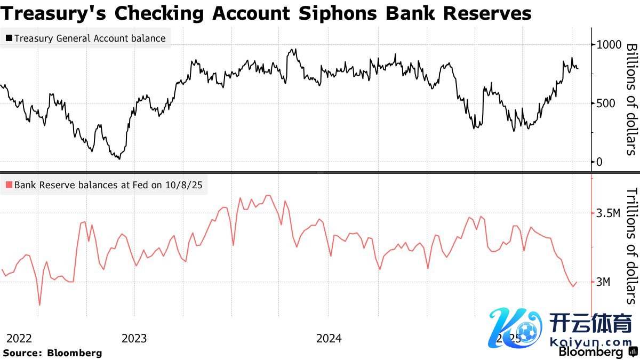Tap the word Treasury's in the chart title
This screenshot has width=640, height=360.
[54, 13]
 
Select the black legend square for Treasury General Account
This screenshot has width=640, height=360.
[9, 38]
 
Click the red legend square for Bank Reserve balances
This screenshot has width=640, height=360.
[9, 186]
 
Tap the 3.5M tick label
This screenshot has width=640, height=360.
[609, 213]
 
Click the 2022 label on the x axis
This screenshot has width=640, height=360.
[19, 338]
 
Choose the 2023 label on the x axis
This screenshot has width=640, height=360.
[134, 338]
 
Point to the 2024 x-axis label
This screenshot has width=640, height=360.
[329, 338]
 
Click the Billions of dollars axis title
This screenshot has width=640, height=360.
[631, 99]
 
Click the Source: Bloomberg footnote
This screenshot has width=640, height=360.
[52, 353]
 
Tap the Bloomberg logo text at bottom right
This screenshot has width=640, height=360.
[590, 352]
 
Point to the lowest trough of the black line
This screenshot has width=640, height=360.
[118, 158]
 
